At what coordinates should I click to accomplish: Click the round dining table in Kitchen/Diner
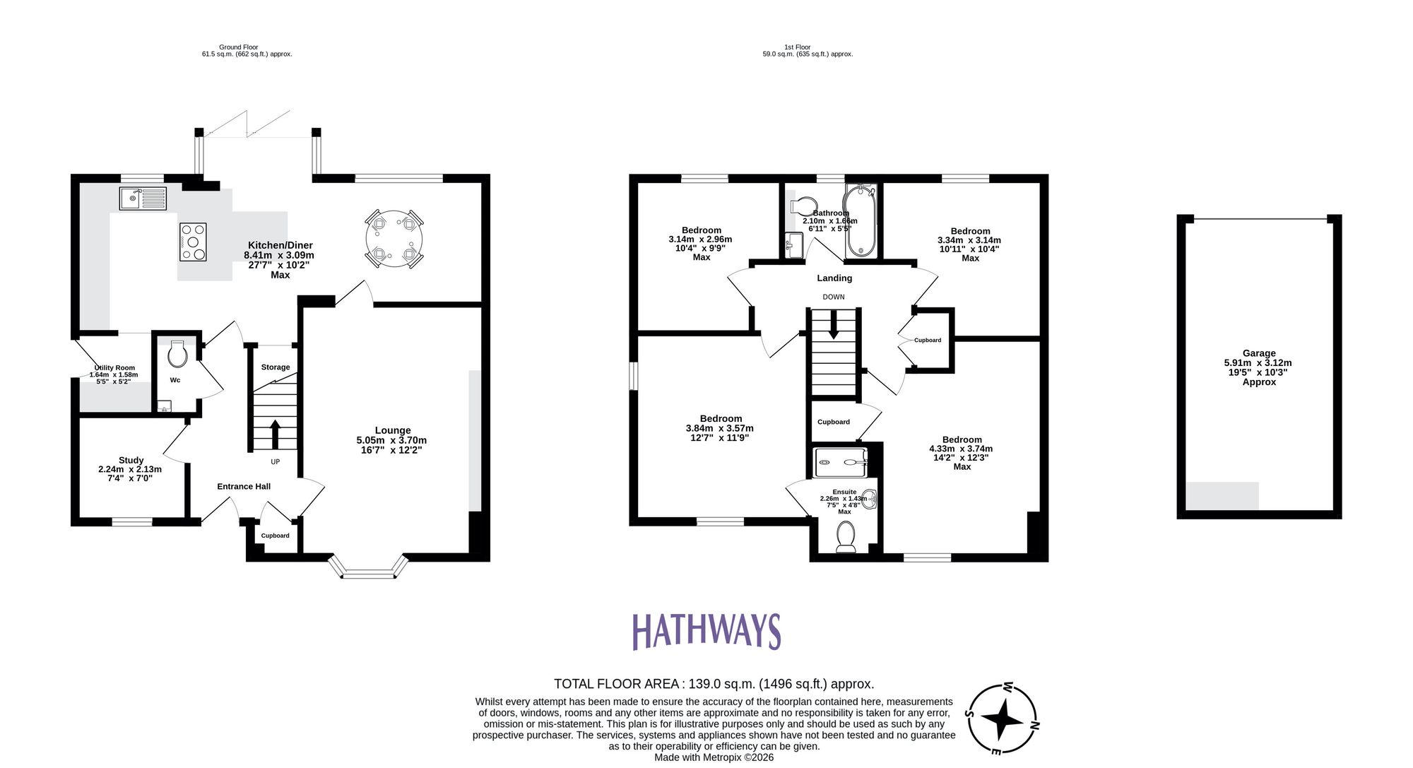pos(394,238)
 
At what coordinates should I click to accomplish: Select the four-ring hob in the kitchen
pos(193,242)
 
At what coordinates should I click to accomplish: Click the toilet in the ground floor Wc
pos(177,354)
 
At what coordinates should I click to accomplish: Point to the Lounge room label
pos(392,430)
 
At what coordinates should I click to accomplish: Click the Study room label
pos(131,460)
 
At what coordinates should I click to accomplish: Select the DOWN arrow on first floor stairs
pos(834,326)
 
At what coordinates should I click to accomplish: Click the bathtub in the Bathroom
pos(861,221)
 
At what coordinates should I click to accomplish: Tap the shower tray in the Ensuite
pos(839,463)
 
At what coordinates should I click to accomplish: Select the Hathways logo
pos(706,631)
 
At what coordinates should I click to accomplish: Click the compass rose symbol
pos(1002,721)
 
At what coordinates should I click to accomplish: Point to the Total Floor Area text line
pos(714,684)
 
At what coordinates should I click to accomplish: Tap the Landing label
pos(834,278)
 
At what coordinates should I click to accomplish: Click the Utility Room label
pos(114,368)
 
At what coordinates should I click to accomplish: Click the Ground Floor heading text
pos(238,47)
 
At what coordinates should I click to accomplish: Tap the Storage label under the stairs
pos(276,367)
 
